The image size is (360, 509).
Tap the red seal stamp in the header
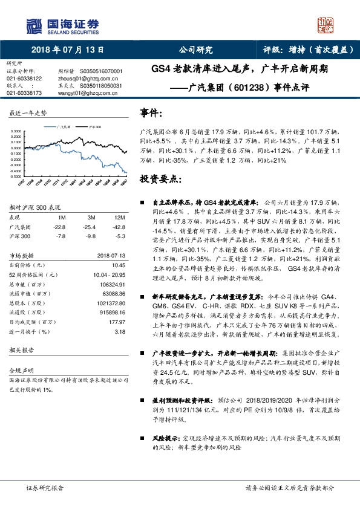(x=326, y=25)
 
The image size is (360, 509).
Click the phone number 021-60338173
(x=24, y=93)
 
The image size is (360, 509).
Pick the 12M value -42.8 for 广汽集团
(x=119, y=227)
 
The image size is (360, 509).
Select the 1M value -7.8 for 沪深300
(x=61, y=236)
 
